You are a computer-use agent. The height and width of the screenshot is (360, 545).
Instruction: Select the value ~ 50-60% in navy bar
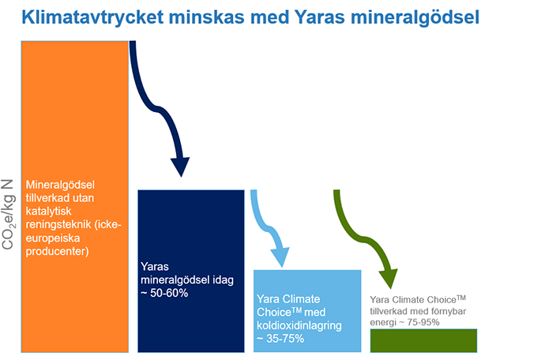point(164,293)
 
